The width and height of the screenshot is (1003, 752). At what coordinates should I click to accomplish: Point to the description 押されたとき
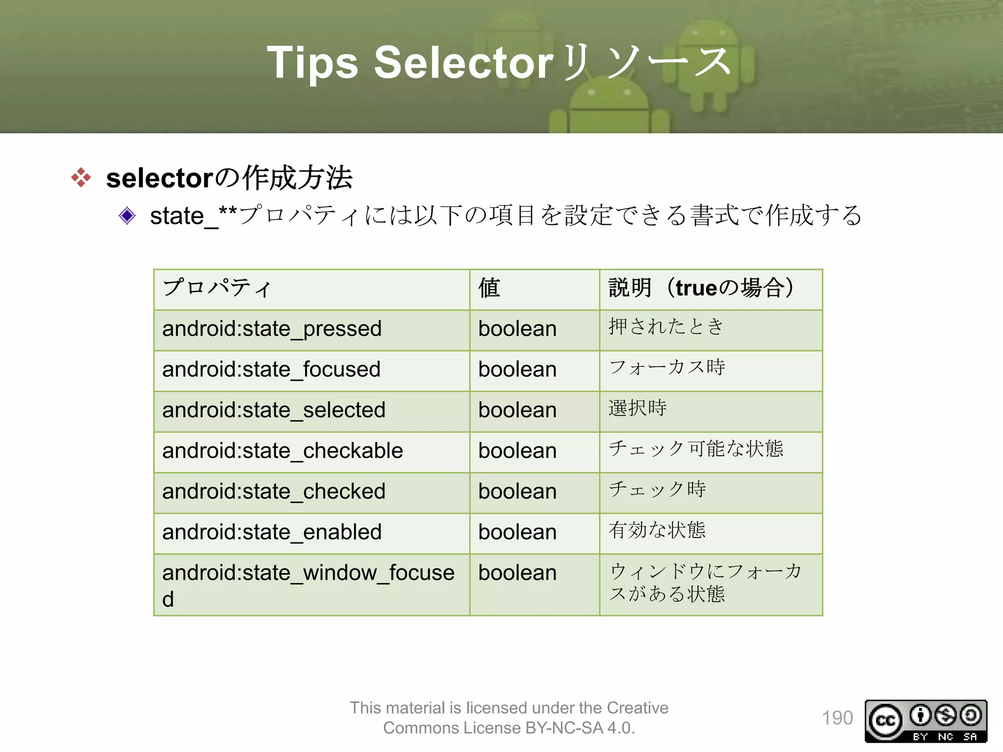666,327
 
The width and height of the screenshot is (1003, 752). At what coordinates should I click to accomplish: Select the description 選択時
638,408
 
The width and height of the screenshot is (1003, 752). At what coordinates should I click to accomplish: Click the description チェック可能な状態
696,448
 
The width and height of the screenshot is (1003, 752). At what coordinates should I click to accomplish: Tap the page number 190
837,718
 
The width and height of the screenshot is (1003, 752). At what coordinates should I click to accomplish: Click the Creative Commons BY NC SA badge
926,721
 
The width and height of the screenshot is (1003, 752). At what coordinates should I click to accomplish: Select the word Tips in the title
312,63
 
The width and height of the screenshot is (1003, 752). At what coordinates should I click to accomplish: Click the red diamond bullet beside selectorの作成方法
81,177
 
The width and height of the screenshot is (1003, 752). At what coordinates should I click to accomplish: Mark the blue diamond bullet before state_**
127,215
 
